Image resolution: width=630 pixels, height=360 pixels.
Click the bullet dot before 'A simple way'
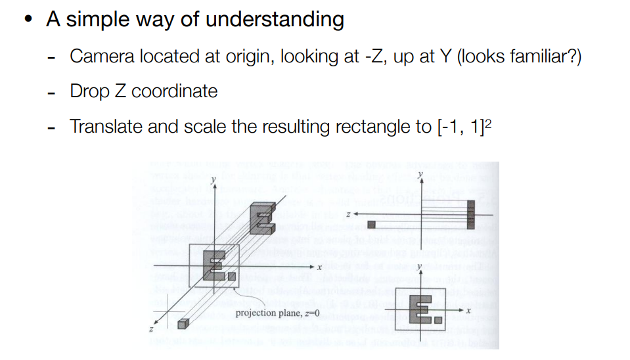pos(27,19)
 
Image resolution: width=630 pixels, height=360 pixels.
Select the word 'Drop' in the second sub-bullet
pos(89,91)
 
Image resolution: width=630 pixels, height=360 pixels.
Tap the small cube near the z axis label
pos(183,323)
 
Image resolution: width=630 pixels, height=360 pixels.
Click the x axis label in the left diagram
pos(318,267)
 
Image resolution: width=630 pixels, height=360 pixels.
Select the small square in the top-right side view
pos(371,225)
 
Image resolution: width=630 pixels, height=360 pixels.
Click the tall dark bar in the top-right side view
pos(470,212)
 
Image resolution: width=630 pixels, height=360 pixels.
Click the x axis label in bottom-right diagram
pos(470,308)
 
